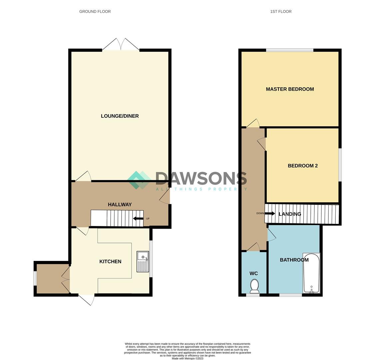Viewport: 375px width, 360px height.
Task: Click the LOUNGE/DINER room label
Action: (x=120, y=116)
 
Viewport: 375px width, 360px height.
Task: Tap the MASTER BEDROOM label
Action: (x=290, y=89)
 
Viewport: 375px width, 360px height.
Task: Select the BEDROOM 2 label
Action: (x=302, y=166)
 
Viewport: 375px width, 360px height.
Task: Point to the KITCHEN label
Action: (x=110, y=261)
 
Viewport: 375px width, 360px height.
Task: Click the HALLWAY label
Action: (x=120, y=204)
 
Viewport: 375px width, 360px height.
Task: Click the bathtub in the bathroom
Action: (x=311, y=273)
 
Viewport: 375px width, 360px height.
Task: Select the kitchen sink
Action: (x=143, y=262)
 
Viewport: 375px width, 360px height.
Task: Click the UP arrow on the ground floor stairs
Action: (x=138, y=219)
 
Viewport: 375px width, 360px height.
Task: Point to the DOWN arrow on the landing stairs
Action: (x=269, y=213)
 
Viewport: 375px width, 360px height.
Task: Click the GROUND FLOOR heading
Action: (x=95, y=11)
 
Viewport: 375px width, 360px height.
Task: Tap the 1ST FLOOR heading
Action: (x=281, y=11)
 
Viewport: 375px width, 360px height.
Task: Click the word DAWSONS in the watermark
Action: (x=201, y=179)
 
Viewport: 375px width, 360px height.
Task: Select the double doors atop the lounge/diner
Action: (x=121, y=45)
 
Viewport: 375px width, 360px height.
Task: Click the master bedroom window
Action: (x=289, y=50)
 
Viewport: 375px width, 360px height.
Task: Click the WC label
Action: (x=253, y=273)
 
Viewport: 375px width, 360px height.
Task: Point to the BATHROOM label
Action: (x=294, y=260)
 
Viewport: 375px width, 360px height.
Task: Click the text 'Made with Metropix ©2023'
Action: (x=187, y=358)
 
